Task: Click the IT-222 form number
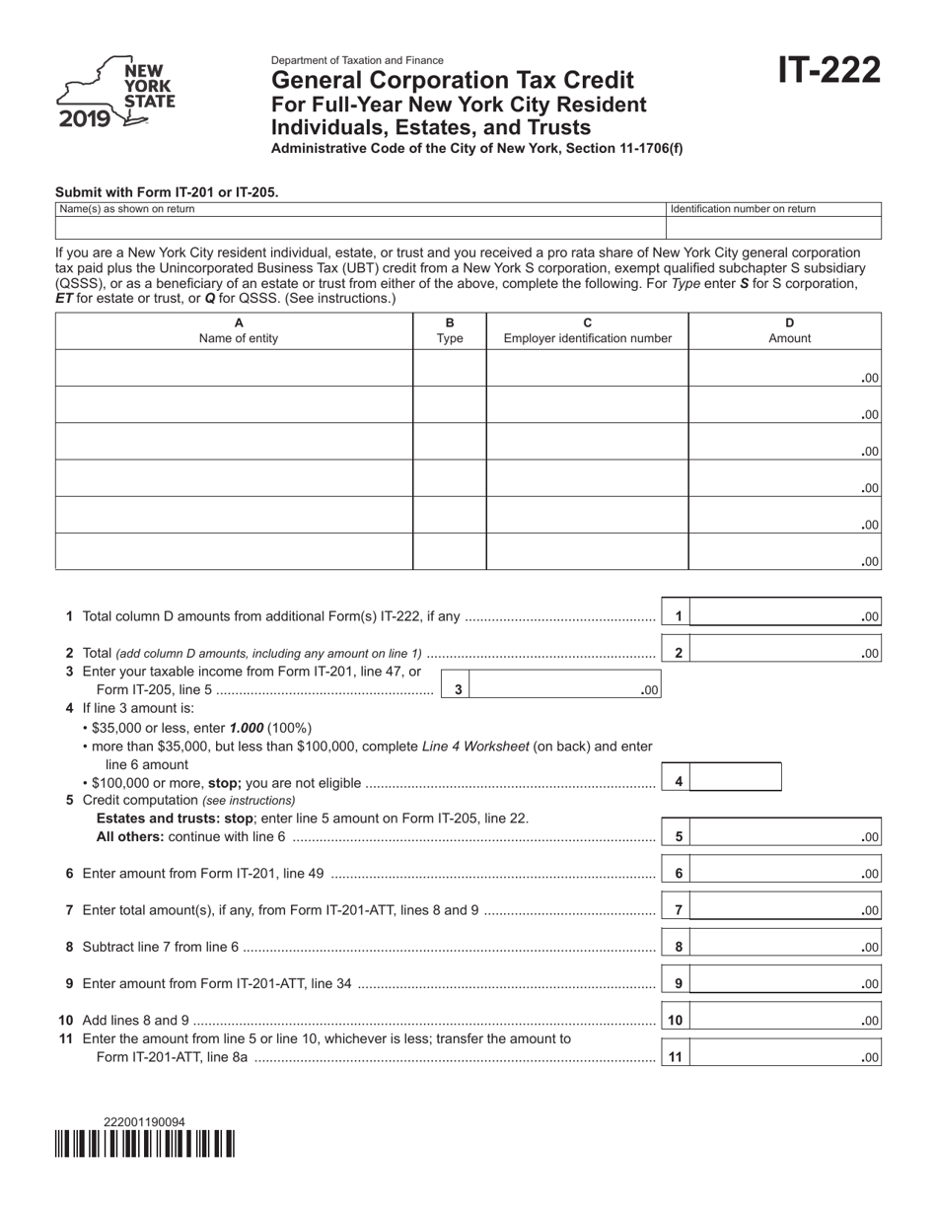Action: [x=829, y=72]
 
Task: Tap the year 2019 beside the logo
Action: [x=84, y=120]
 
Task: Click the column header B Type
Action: [x=450, y=330]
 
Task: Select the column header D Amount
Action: [x=789, y=330]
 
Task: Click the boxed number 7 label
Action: [x=678, y=910]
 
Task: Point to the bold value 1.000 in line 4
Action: [x=246, y=728]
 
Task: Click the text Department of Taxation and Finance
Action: [x=357, y=60]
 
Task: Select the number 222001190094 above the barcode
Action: [x=144, y=1122]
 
